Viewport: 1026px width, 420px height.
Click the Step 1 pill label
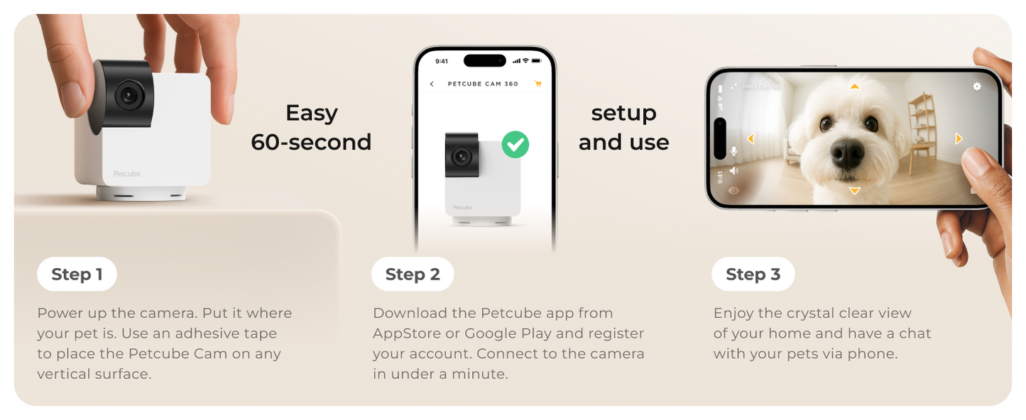pyautogui.click(x=77, y=275)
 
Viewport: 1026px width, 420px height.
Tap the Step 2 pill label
pyautogui.click(x=413, y=275)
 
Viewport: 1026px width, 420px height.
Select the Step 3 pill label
pyautogui.click(x=753, y=275)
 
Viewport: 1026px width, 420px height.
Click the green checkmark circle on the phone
pyautogui.click(x=515, y=144)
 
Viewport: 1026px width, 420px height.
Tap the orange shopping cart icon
pyautogui.click(x=537, y=84)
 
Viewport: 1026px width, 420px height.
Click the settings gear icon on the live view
pyautogui.click(x=977, y=86)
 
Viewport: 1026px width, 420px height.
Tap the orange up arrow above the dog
pyautogui.click(x=855, y=87)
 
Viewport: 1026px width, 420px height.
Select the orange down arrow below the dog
pyautogui.click(x=855, y=191)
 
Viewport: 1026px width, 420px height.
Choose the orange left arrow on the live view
pyautogui.click(x=751, y=139)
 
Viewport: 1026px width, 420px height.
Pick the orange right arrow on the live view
pyautogui.click(x=959, y=139)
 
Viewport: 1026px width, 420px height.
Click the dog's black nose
pyautogui.click(x=847, y=153)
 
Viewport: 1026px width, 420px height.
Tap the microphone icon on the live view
pyautogui.click(x=733, y=151)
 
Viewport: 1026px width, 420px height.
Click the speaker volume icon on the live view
pyautogui.click(x=733, y=171)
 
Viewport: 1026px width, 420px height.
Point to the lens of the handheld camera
pyautogui.click(x=128, y=95)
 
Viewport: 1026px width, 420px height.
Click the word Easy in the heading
pyautogui.click(x=311, y=113)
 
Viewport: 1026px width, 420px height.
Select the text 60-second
pyautogui.click(x=311, y=142)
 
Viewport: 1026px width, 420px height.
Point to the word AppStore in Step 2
pyautogui.click(x=406, y=333)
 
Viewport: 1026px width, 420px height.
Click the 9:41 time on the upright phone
pyautogui.click(x=442, y=61)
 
